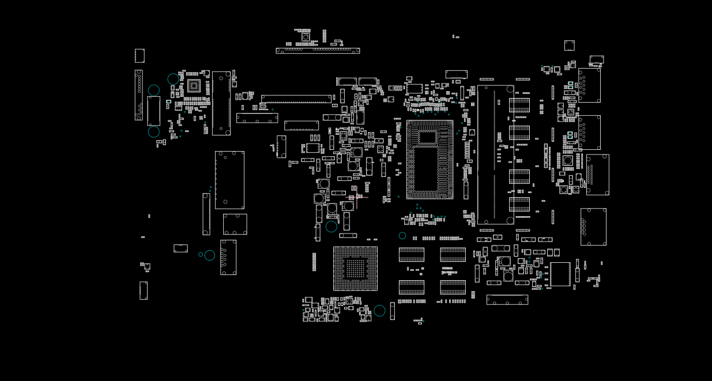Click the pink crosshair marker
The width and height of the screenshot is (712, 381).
(x=356, y=197)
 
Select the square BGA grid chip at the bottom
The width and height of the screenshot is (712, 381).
(x=355, y=269)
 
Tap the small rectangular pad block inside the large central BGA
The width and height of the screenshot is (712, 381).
(x=427, y=137)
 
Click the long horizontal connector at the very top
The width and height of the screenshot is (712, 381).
(x=318, y=51)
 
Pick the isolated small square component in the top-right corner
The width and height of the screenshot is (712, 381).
(x=569, y=46)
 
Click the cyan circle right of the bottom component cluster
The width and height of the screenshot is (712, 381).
(x=379, y=311)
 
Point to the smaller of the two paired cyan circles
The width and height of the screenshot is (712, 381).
(x=201, y=254)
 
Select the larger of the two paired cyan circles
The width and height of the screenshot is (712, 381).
(x=209, y=255)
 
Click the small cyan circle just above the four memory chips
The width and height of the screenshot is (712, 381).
(x=402, y=236)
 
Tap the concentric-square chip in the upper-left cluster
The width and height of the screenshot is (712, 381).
(x=194, y=86)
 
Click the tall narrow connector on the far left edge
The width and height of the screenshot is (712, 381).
(x=138, y=95)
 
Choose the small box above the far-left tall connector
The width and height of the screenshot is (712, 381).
(x=140, y=55)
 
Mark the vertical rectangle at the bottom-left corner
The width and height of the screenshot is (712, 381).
(x=143, y=291)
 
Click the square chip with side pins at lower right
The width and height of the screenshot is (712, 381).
(x=560, y=274)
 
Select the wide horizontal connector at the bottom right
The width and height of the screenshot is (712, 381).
(x=507, y=300)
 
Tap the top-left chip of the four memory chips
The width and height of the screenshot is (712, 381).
(x=411, y=255)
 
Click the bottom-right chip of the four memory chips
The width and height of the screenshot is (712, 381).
(x=453, y=287)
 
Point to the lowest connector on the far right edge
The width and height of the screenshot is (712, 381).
(x=593, y=227)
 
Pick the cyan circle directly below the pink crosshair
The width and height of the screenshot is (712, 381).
(x=331, y=227)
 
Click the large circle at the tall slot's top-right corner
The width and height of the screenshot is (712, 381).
(x=510, y=89)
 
